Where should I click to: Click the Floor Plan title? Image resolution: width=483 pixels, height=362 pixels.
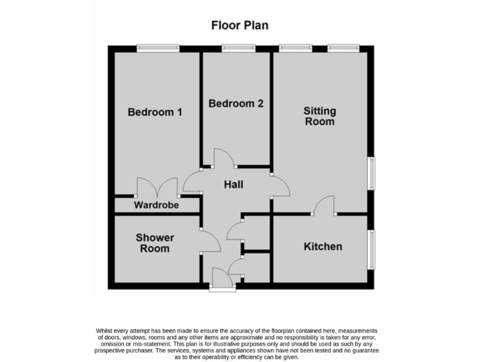[240, 26]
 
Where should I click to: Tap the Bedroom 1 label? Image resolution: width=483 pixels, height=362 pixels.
[155, 112]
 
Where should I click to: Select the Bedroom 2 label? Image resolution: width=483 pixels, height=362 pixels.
[236, 104]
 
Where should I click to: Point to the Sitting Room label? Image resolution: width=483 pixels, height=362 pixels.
[319, 116]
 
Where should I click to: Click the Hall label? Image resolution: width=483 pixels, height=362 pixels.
[234, 185]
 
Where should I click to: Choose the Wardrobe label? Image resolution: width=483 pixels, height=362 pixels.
[156, 206]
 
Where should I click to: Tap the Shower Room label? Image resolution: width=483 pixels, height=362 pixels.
[155, 243]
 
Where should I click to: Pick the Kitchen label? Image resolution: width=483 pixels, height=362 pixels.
[323, 246]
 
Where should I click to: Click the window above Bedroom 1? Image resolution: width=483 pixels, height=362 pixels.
[158, 48]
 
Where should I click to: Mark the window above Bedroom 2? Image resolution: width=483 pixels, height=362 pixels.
[238, 48]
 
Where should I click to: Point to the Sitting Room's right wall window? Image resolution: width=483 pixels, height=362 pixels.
[371, 172]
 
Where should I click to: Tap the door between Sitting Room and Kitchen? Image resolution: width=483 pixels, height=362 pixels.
[324, 206]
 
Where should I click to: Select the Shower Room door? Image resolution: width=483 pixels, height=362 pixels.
[209, 240]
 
